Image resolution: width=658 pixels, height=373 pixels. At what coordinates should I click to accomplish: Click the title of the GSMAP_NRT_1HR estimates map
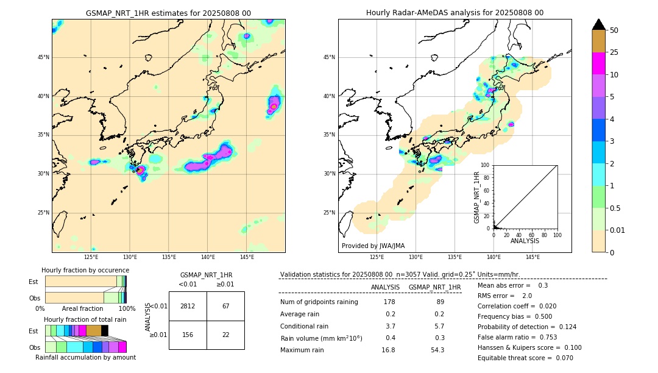tap(168, 13)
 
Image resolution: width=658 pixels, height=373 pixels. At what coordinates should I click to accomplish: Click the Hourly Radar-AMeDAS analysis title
tap(455, 13)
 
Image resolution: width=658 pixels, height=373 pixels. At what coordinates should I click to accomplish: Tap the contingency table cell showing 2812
tap(188, 306)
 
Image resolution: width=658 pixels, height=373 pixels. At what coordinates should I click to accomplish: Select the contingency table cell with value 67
tap(225, 306)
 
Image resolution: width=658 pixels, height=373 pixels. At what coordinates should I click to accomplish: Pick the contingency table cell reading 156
tap(188, 335)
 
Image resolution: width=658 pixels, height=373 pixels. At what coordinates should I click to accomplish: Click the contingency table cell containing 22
tap(225, 335)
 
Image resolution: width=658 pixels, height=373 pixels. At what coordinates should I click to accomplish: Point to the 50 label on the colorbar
tap(614, 30)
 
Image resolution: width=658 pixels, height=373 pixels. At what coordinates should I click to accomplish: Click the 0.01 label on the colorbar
tap(618, 230)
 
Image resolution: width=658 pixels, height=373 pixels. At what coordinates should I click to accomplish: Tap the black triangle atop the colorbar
tap(599, 24)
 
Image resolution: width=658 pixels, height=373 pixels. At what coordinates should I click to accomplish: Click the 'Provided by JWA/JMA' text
tap(373, 246)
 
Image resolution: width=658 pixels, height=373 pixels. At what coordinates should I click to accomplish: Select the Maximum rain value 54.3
tap(437, 350)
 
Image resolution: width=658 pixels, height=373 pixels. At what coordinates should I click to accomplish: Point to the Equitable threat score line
tap(525, 358)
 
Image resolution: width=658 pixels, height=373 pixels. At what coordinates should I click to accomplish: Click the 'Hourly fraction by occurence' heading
tap(85, 270)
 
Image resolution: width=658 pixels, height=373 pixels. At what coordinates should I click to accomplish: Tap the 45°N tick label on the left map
tap(43, 57)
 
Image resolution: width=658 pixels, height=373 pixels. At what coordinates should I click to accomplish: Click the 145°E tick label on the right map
tap(532, 257)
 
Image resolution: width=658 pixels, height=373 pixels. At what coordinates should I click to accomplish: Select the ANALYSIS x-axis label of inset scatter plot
tap(525, 241)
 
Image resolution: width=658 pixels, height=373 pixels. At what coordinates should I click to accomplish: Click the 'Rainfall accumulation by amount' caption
tap(85, 357)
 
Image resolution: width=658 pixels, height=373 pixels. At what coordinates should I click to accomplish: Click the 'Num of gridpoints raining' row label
tap(319, 302)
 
